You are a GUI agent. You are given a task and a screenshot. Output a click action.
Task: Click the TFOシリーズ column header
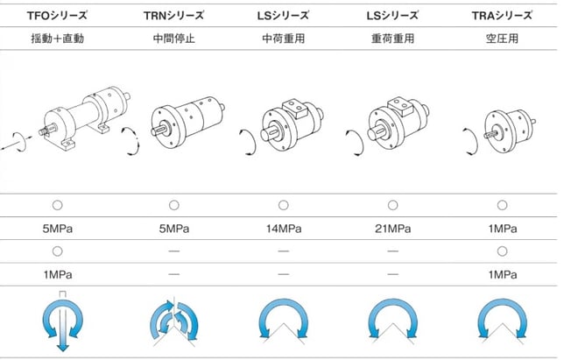pyautogui.click(x=57, y=16)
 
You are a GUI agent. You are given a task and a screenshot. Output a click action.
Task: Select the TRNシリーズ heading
pyautogui.click(x=173, y=16)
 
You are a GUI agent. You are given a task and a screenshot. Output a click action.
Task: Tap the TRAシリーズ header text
pyautogui.click(x=502, y=16)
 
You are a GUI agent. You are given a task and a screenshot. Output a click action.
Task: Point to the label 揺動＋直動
pyautogui.click(x=58, y=39)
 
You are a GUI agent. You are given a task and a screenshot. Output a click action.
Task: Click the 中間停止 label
pyautogui.click(x=174, y=39)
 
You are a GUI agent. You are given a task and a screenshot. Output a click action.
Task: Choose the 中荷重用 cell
pyautogui.click(x=284, y=39)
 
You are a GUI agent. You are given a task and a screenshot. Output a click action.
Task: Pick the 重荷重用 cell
pyautogui.click(x=392, y=39)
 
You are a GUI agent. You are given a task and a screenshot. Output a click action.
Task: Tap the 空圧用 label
pyautogui.click(x=502, y=39)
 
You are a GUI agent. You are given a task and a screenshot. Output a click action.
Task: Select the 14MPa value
pyautogui.click(x=284, y=229)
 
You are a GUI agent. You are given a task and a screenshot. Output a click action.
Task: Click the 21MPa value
pyautogui.click(x=392, y=229)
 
